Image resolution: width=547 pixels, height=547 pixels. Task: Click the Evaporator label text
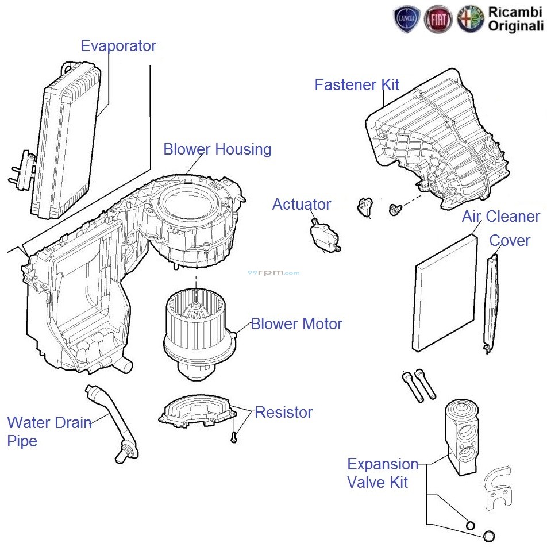pyautogui.click(x=118, y=46)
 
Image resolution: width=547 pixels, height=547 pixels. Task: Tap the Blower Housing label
pyautogui.click(x=217, y=149)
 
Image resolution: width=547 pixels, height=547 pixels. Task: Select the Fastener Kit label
pyautogui.click(x=357, y=85)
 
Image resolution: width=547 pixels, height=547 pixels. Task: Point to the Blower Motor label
pyautogui.click(x=296, y=324)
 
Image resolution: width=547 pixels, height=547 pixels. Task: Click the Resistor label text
pyautogui.click(x=283, y=413)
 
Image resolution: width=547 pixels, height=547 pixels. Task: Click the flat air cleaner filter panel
pyautogui.click(x=445, y=293)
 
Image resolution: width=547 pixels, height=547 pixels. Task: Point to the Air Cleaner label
pyautogui.click(x=500, y=217)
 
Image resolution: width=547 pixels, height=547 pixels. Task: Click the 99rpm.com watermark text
pyautogui.click(x=273, y=273)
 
